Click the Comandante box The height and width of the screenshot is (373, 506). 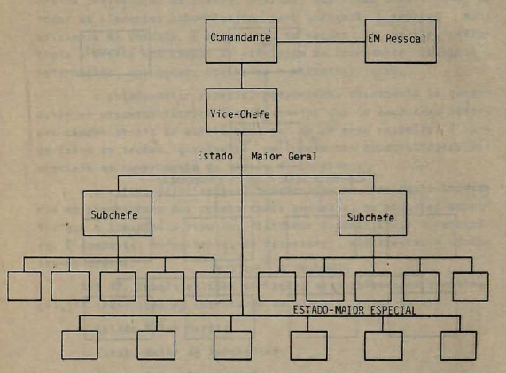click(241, 41)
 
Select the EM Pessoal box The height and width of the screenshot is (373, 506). click(401, 41)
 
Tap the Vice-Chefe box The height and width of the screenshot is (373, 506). click(241, 111)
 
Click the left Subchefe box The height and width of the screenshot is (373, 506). click(118, 214)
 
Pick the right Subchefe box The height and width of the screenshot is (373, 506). click(373, 214)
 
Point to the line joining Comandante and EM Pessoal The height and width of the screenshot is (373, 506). click(321, 42)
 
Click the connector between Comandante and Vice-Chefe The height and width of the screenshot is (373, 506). click(241, 76)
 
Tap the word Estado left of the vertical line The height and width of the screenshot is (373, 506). click(215, 156)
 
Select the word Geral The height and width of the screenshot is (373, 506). click(302, 157)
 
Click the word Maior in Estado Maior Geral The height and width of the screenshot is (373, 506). click(267, 157)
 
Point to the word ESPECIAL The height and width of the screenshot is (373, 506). click(393, 310)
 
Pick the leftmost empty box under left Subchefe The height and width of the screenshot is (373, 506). click(24, 286)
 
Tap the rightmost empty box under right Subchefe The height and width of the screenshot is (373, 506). click(471, 287)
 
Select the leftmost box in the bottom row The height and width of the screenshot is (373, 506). click(80, 345)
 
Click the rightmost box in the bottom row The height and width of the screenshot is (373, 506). click(458, 346)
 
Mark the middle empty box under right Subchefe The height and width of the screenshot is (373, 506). click(373, 286)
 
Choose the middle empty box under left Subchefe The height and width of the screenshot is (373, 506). click(118, 286)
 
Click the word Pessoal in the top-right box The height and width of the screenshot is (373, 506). click(406, 38)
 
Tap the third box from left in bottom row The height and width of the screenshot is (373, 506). click(233, 346)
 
